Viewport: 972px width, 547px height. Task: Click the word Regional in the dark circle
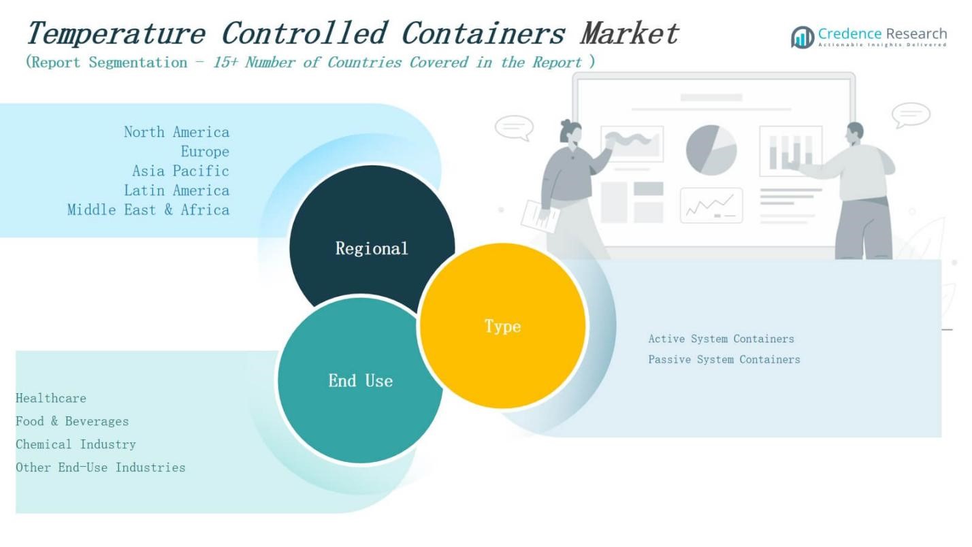tap(372, 248)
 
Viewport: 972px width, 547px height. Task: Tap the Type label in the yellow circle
tap(502, 326)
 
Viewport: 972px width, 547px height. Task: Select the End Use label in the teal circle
tap(360, 380)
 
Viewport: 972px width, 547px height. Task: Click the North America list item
tap(176, 132)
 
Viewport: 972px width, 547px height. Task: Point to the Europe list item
tap(204, 152)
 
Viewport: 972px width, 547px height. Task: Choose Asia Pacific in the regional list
tap(180, 171)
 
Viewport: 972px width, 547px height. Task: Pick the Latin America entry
tap(176, 190)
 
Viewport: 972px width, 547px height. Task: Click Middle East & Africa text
tap(148, 210)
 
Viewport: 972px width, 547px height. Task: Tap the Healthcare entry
tap(51, 398)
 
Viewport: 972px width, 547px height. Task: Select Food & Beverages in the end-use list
tap(72, 421)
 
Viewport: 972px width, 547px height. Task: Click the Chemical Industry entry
tap(76, 444)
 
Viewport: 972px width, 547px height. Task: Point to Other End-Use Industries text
tap(100, 467)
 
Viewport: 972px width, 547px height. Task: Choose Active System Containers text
tap(721, 339)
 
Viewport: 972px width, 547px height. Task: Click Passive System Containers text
tap(724, 359)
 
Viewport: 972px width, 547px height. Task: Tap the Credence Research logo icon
tap(803, 37)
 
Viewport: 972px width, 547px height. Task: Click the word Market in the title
tap(629, 33)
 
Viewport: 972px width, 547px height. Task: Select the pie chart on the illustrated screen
tap(711, 150)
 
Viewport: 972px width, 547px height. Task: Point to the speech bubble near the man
tap(911, 114)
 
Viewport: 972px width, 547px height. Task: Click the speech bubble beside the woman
tap(514, 127)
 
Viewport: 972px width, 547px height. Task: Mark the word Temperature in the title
tap(115, 34)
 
